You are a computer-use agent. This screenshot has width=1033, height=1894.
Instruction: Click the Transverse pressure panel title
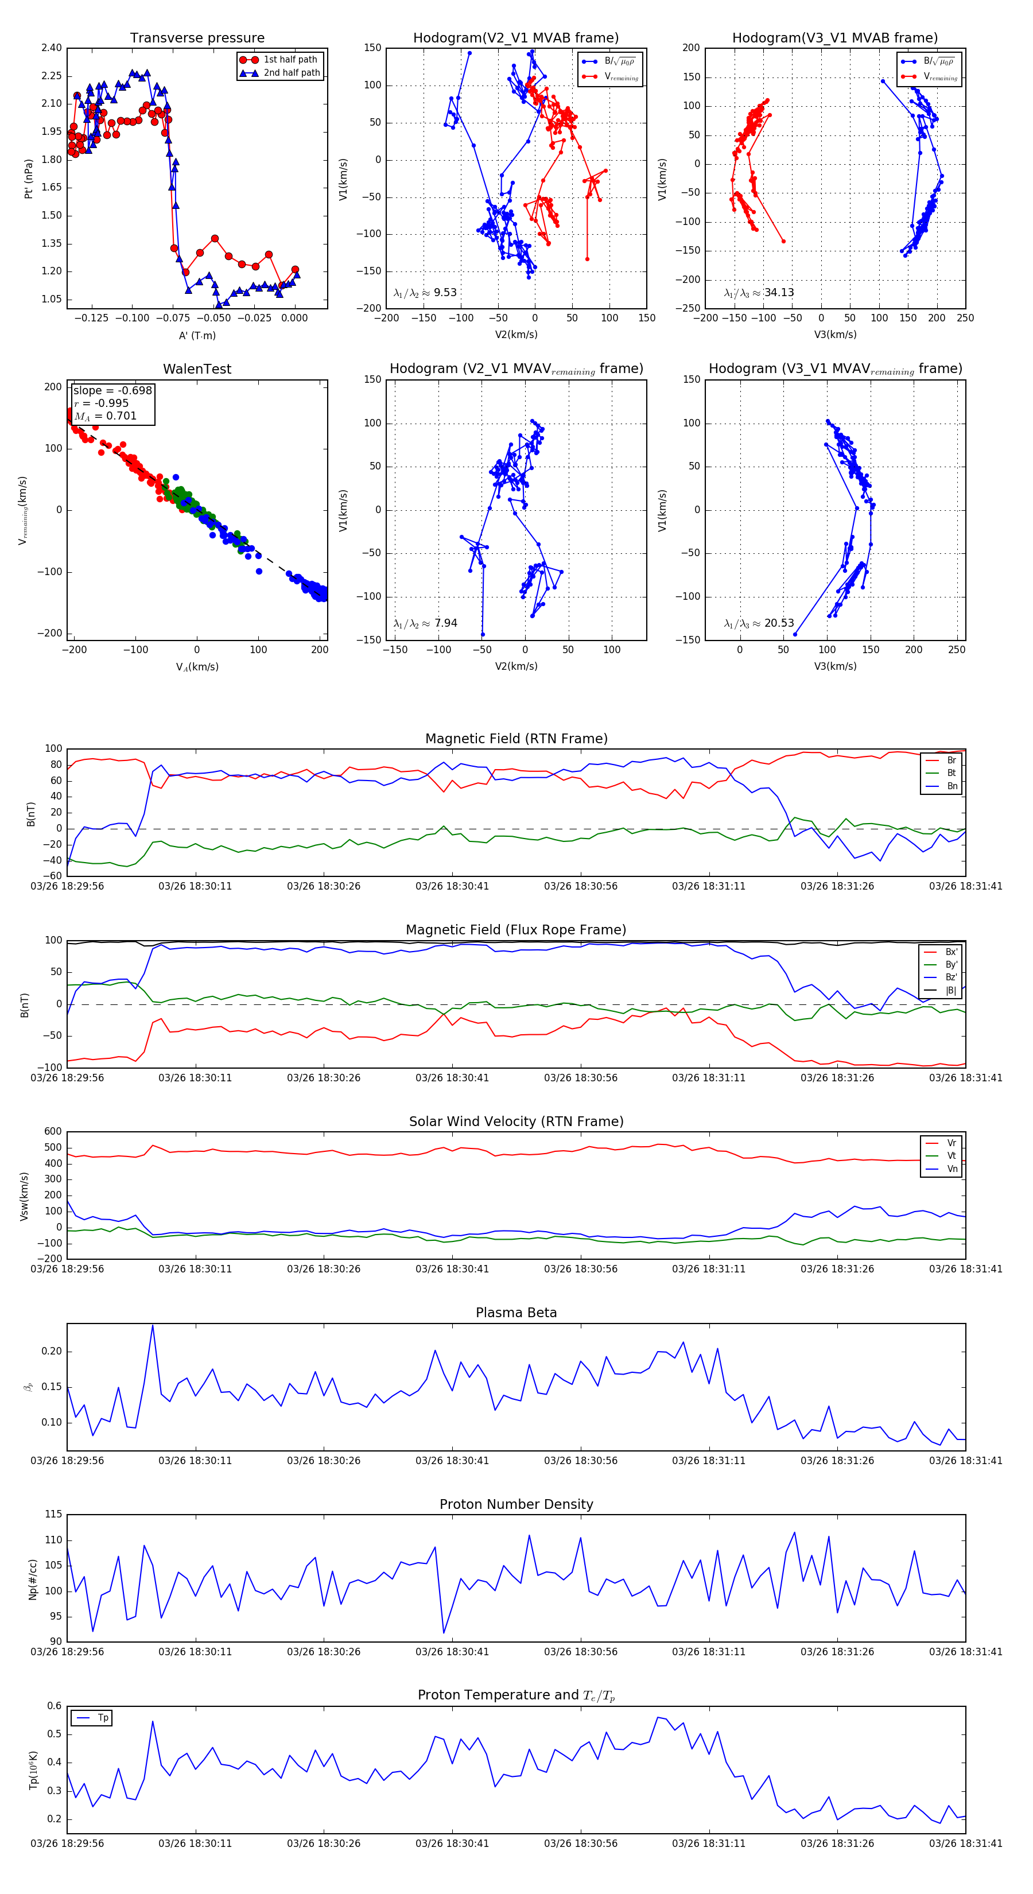197,38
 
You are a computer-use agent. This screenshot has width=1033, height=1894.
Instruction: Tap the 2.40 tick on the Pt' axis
52,48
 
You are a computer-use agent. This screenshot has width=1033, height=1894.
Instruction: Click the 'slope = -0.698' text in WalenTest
112,390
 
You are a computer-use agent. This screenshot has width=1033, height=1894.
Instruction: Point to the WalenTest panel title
197,369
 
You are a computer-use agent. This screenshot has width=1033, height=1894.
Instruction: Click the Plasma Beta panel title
516,1313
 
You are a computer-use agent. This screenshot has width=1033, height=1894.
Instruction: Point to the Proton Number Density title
516,1504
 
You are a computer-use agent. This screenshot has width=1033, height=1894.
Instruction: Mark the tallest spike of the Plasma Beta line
152,1326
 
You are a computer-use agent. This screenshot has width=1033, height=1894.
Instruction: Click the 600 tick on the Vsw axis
53,1132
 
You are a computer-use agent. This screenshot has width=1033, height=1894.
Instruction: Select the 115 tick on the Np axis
53,1514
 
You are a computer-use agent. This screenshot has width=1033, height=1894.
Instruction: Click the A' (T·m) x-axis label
197,335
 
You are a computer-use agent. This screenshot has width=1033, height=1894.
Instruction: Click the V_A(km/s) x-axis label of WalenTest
197,667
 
